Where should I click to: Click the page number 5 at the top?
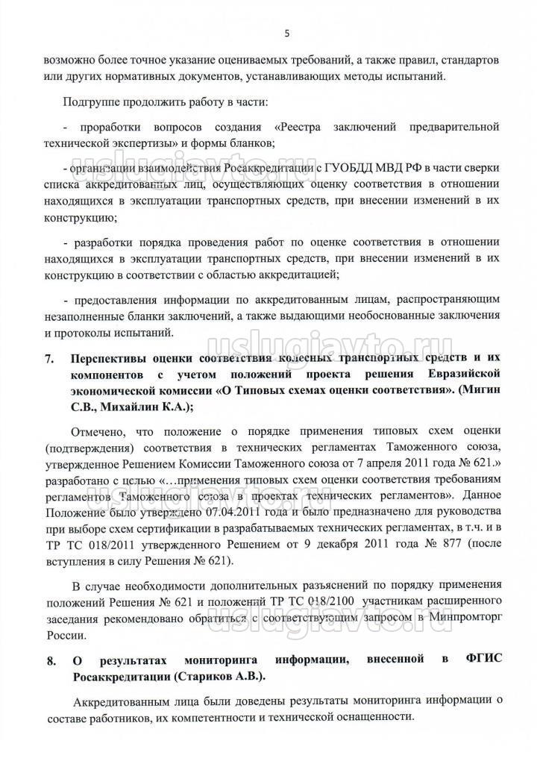[286, 32]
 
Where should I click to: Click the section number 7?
[48, 358]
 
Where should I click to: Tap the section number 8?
[48, 660]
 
